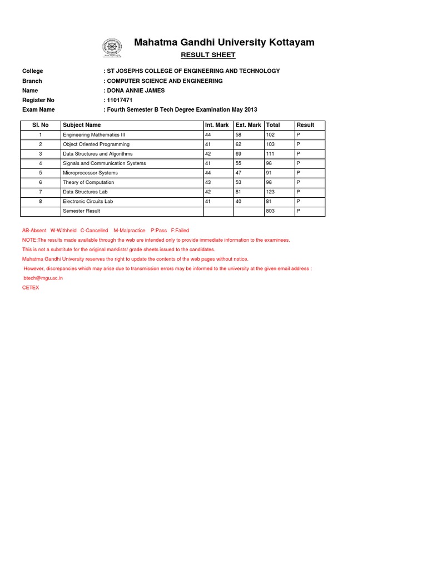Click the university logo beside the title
[113, 48]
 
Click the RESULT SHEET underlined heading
[208, 54]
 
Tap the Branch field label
[32, 81]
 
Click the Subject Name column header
[82, 125]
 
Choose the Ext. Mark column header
[248, 125]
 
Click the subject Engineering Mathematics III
[95, 135]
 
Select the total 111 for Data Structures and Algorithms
[271, 154]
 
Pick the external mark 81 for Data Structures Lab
[239, 192]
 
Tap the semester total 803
[271, 212]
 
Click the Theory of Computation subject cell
[88, 182]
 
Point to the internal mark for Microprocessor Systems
[208, 173]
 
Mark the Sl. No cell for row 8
[40, 202]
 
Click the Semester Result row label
[81, 212]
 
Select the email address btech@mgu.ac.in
[43, 278]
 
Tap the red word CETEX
[31, 288]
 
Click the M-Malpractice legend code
[130, 230]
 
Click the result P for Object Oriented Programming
[299, 144]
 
